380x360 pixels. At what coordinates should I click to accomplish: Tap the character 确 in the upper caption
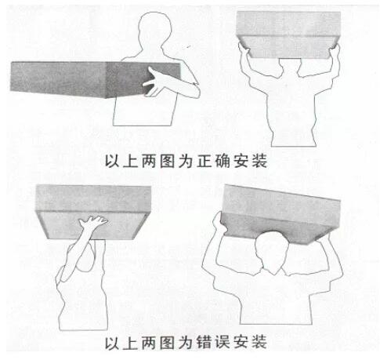pos(223,161)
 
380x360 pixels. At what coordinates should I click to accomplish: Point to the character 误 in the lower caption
pos(223,342)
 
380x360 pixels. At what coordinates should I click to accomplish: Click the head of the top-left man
pos(155,31)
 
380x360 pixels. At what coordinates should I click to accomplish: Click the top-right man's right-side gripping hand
pos(335,51)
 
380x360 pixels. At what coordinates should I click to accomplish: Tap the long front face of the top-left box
pos(58,78)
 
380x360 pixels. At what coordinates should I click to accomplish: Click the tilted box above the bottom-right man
pos(280,214)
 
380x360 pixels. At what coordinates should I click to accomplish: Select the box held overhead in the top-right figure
pos(288,34)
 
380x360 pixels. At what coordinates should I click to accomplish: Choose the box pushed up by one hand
pos(93,209)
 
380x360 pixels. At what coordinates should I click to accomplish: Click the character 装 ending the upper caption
pos(259,161)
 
